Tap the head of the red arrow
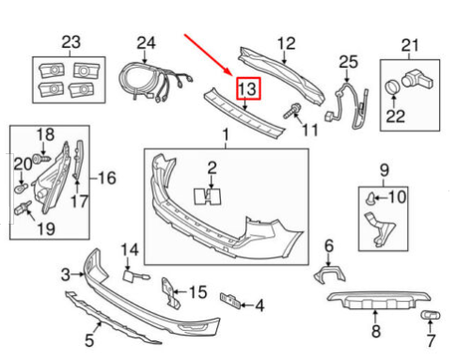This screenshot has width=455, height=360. [x=231, y=75]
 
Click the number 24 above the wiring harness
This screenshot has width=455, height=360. [x=146, y=43]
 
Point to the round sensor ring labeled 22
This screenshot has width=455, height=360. [x=392, y=87]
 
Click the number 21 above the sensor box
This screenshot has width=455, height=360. [x=410, y=45]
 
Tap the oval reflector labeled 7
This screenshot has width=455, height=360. [x=431, y=316]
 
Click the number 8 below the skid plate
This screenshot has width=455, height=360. [x=376, y=331]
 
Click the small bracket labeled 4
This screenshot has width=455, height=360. [x=230, y=301]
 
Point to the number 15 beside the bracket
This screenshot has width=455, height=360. [x=198, y=292]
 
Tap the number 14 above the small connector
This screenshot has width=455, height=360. [x=130, y=250]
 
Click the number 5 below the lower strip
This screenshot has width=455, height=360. [x=89, y=340]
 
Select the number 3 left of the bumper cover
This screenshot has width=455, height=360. [x=66, y=274]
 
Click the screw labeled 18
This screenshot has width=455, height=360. [x=41, y=158]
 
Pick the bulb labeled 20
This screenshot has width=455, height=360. [x=22, y=188]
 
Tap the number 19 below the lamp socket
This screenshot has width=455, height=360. [x=46, y=229]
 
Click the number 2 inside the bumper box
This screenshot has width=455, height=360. [x=212, y=168]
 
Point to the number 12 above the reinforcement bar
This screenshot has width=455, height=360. [x=287, y=43]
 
